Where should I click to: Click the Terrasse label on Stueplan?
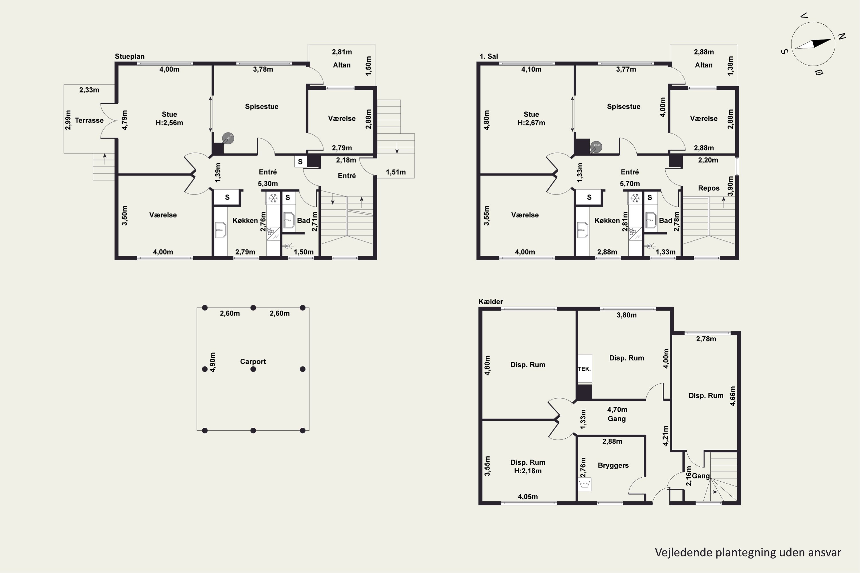(89, 120)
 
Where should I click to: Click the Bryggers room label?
(613, 466)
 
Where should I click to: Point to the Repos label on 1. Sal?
(709, 188)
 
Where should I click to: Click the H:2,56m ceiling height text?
(169, 123)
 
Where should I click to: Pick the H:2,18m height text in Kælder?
(528, 471)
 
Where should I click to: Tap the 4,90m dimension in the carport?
(213, 362)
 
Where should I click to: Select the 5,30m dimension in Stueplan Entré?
(268, 183)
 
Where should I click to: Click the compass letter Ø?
(819, 72)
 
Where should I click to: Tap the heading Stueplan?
(130, 56)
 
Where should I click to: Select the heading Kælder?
(491, 301)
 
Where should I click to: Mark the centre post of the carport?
(253, 369)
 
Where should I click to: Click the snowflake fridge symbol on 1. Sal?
(636, 198)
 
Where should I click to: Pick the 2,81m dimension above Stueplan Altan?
(342, 52)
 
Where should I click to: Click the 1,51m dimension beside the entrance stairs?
(396, 172)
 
